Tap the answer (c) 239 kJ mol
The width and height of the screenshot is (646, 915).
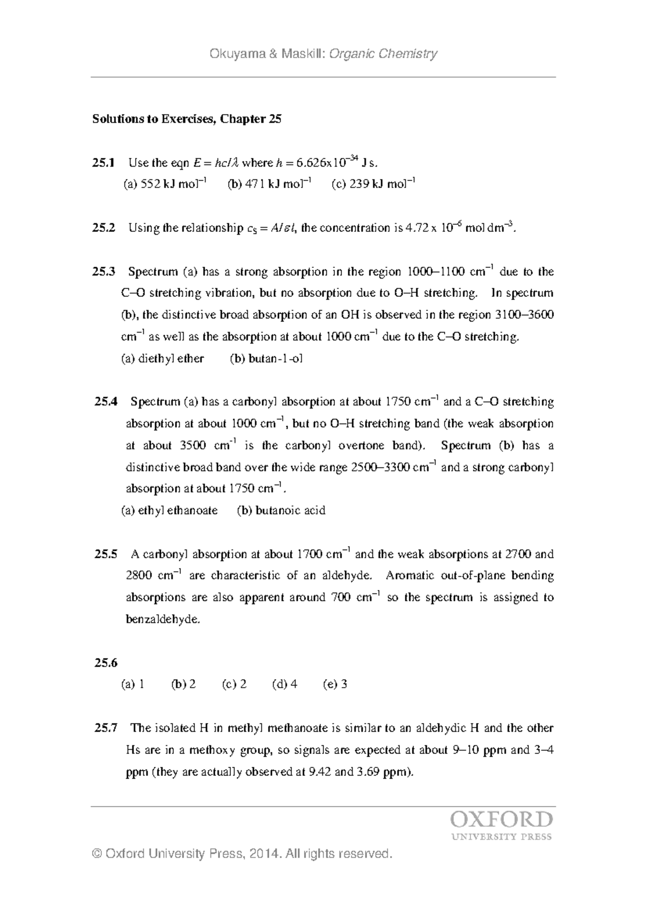point(374,184)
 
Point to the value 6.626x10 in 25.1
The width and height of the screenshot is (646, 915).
point(325,162)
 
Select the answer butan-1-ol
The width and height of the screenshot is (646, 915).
point(276,358)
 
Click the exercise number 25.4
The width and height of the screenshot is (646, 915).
point(106,402)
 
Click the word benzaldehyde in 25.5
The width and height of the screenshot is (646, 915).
point(163,619)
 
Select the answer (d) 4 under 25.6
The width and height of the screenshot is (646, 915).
point(285,684)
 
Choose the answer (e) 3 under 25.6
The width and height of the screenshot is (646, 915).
point(335,684)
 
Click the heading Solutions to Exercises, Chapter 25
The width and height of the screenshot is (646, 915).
point(187,119)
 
